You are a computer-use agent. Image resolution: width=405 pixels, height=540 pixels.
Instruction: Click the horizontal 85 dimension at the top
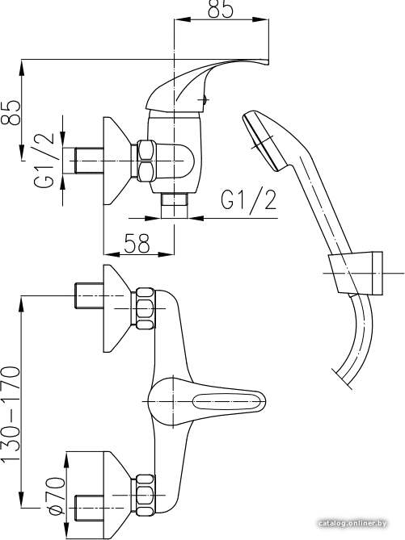[x=221, y=9]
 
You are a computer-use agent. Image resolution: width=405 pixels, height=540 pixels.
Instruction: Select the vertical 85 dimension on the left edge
[x=10, y=112]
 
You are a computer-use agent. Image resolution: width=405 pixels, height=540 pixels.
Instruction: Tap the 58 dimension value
[x=137, y=243]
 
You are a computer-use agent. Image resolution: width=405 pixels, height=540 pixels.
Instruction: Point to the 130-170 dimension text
[x=11, y=414]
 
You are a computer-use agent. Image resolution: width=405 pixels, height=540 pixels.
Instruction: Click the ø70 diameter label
[x=57, y=496]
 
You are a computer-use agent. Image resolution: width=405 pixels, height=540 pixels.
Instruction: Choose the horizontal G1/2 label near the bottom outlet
[x=249, y=200]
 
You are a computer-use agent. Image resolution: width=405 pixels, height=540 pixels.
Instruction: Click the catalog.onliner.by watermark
[x=352, y=524]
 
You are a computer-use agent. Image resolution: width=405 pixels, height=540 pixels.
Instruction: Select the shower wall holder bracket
[x=356, y=273]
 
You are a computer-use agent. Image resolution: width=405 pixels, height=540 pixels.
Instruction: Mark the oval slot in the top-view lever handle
[x=226, y=401]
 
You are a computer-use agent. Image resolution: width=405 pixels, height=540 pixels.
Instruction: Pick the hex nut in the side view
[x=146, y=161]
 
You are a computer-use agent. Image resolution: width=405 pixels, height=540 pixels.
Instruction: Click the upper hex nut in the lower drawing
[x=146, y=308]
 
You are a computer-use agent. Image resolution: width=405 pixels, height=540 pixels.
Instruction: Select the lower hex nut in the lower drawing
[x=146, y=495]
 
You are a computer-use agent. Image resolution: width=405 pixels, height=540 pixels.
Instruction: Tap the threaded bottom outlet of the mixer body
[x=175, y=206]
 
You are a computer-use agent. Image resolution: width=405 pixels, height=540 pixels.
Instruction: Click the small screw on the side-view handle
[x=205, y=100]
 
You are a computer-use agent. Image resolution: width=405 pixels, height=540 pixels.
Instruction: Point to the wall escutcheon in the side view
[x=117, y=161]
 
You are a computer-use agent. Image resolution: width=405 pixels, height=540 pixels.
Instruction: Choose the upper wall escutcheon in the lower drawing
[x=117, y=308]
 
